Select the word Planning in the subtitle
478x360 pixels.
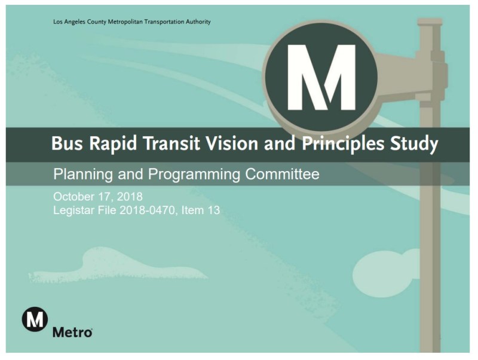point(78,175)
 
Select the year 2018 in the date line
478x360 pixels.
point(128,196)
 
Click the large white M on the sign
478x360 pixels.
point(320,77)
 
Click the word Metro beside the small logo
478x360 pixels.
point(72,332)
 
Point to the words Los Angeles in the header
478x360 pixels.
point(68,22)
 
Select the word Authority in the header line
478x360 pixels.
point(198,22)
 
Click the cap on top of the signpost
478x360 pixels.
point(430,22)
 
